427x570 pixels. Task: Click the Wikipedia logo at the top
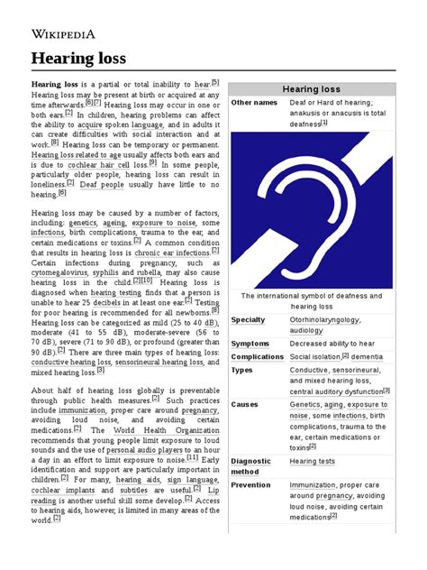(x=64, y=34)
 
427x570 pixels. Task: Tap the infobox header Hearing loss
(x=311, y=90)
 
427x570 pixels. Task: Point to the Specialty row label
(x=249, y=319)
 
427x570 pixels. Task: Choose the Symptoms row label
(x=250, y=344)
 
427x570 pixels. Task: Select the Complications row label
(x=257, y=356)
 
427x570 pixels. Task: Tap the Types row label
(x=242, y=369)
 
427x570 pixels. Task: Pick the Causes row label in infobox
(x=246, y=405)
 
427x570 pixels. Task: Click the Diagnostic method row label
(x=251, y=466)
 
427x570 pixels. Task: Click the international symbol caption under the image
(x=312, y=300)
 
